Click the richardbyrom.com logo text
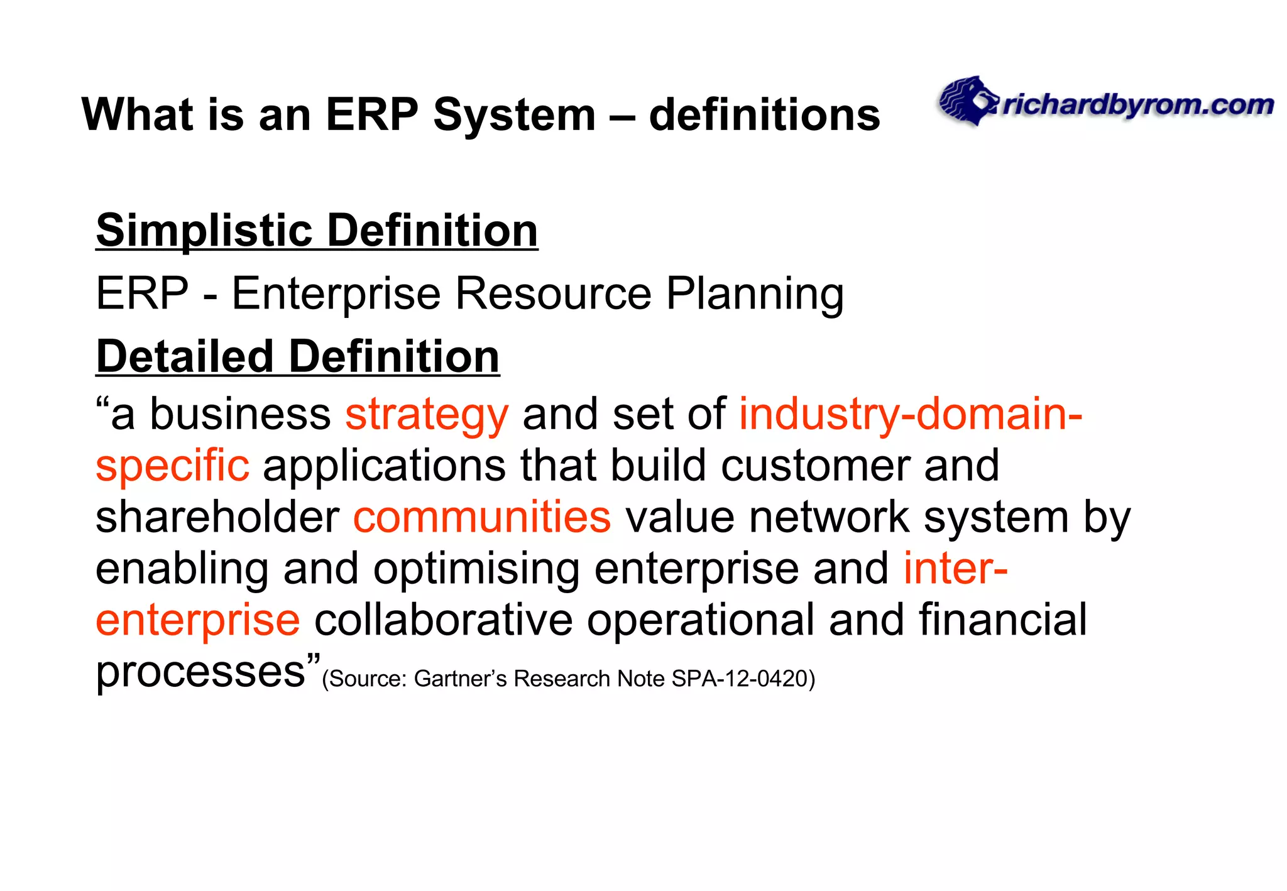[x=1137, y=106]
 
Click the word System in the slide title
[x=514, y=115]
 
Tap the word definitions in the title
[x=764, y=115]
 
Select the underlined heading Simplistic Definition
[x=317, y=231]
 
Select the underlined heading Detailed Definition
[x=297, y=357]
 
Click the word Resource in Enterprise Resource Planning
[x=553, y=293]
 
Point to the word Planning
[x=754, y=295]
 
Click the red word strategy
[x=427, y=415]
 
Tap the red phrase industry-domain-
[x=911, y=414]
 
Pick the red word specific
[x=172, y=466]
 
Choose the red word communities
[x=482, y=517]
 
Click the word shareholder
[x=217, y=517]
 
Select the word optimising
[x=476, y=569]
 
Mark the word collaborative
[x=443, y=620]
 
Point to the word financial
[x=1003, y=620]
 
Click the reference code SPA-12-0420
[x=739, y=679]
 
